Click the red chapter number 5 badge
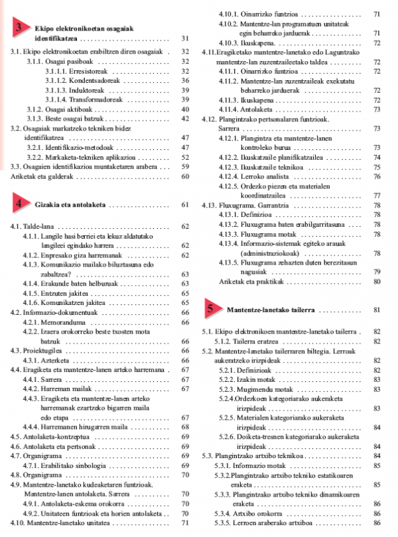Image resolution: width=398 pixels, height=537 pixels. (210, 309)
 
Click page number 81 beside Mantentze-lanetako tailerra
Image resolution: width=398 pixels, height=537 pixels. (377, 310)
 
